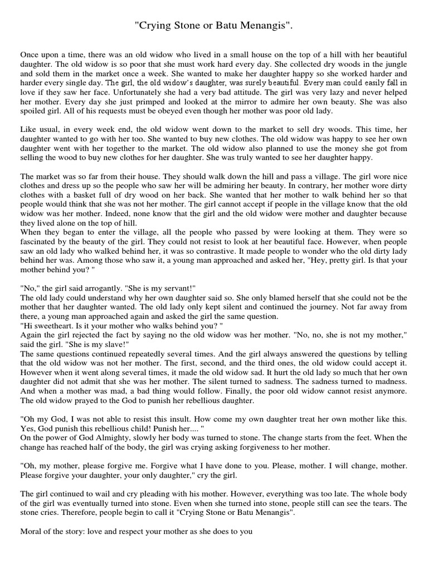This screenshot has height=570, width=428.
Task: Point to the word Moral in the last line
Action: tap(32, 532)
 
